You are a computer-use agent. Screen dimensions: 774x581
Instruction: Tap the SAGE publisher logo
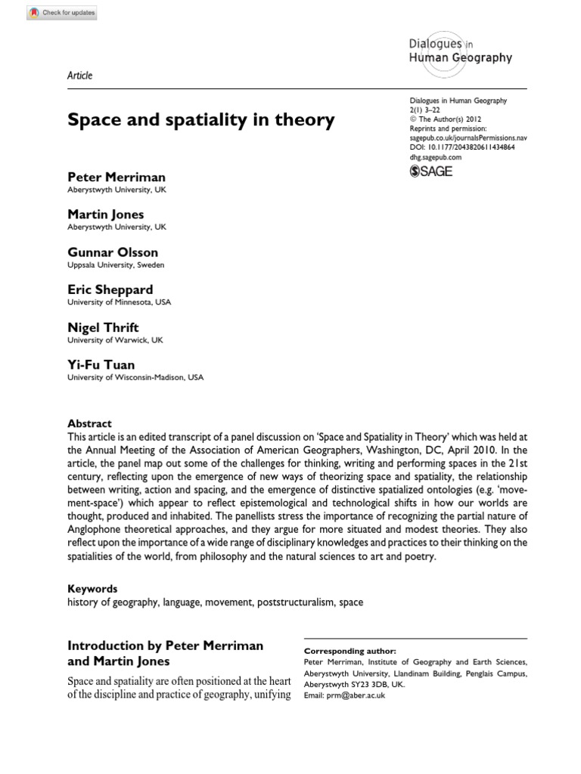[430, 172]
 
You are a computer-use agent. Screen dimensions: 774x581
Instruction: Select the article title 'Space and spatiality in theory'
[200, 120]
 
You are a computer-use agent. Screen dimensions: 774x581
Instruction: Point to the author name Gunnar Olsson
[113, 252]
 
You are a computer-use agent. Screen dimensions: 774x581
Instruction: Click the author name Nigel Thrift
[103, 327]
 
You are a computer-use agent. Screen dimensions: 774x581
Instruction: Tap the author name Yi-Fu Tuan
[101, 364]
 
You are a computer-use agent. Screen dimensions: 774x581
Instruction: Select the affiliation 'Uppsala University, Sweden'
[116, 265]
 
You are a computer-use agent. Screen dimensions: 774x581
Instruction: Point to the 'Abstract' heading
[89, 424]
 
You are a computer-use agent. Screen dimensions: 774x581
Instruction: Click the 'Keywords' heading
[92, 588]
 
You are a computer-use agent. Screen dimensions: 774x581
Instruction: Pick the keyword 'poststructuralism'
[294, 602]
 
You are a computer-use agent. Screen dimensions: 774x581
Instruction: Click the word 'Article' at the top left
[79, 76]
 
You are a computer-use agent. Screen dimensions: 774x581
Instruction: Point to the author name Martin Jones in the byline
[105, 215]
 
